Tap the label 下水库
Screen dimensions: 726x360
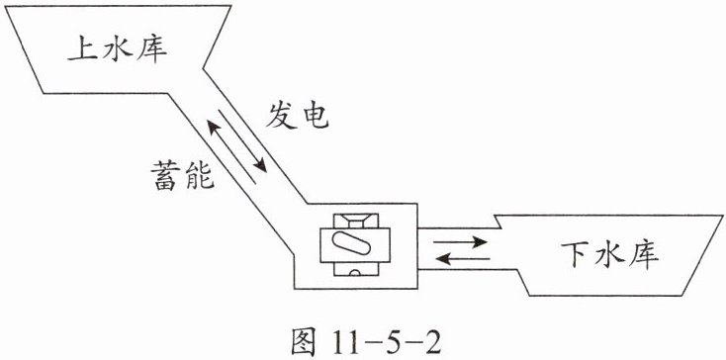pos(610,255)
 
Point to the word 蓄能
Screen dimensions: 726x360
pos(182,176)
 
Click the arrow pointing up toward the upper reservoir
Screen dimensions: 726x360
pos(230,151)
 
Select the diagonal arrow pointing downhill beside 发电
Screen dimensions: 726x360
pos(243,140)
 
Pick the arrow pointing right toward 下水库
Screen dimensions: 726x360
pos(460,241)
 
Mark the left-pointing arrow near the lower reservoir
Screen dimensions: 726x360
pos(463,259)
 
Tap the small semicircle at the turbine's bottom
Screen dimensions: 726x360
pos(355,273)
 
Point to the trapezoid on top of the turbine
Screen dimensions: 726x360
pos(356,221)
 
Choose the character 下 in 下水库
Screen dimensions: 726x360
pos(576,255)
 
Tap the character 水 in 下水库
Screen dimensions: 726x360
pos(609,255)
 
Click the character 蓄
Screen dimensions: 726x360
pos(165,176)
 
